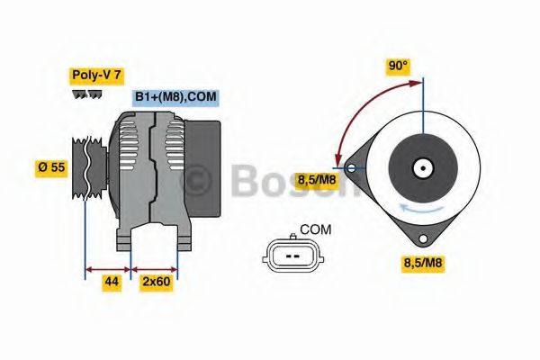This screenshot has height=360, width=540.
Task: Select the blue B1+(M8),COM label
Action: click(x=175, y=97)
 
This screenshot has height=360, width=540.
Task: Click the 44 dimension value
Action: click(x=112, y=283)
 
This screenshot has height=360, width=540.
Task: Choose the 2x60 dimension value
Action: click(x=157, y=283)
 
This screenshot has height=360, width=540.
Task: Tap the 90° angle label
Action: click(x=398, y=67)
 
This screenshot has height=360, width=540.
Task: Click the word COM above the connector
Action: click(x=315, y=230)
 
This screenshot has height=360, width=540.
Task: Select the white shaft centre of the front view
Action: click(x=421, y=167)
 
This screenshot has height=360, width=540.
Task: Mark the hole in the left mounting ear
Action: click(x=349, y=166)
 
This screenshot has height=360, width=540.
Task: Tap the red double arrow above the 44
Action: click(x=108, y=267)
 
